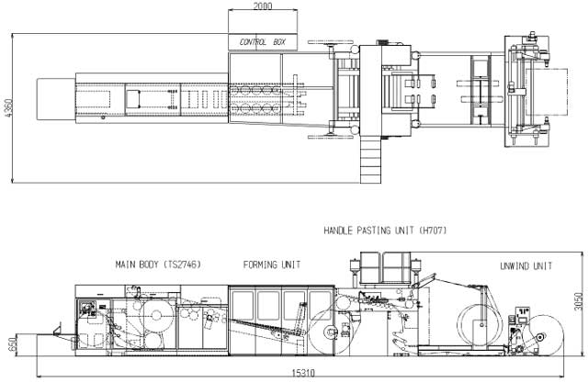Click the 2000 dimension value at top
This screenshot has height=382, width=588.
[x=263, y=6]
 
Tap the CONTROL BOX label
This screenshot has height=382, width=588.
[x=263, y=42]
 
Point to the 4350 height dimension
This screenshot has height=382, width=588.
[x=9, y=108]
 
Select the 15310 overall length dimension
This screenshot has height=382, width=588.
[x=303, y=374]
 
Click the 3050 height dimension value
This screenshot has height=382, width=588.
[x=579, y=302]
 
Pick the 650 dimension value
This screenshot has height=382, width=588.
[x=12, y=344]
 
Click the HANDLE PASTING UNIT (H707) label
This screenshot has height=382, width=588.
[x=385, y=230]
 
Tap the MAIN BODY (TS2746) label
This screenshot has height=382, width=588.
[x=158, y=264]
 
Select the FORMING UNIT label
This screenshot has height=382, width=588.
[x=272, y=265]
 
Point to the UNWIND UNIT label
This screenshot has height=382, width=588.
[x=526, y=266]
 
